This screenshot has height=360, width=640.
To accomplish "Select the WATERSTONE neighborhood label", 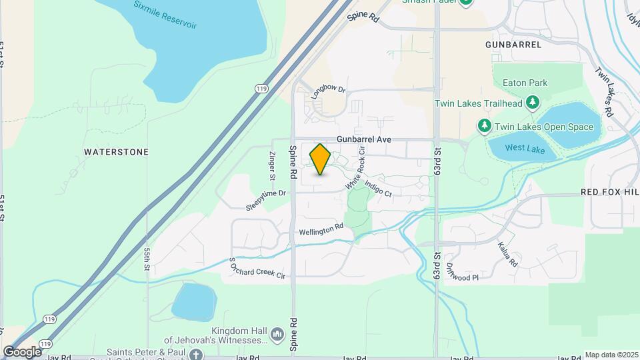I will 116,152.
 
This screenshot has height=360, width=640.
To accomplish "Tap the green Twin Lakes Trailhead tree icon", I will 532,103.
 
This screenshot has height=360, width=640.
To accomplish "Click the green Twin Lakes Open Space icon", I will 484,126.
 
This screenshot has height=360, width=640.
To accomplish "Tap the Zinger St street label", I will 272,166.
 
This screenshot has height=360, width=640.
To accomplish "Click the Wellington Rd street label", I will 321,229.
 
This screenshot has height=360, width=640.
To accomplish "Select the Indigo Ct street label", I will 378,186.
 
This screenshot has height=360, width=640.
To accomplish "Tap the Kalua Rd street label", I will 507,254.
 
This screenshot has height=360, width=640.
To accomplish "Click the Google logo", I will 22,351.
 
